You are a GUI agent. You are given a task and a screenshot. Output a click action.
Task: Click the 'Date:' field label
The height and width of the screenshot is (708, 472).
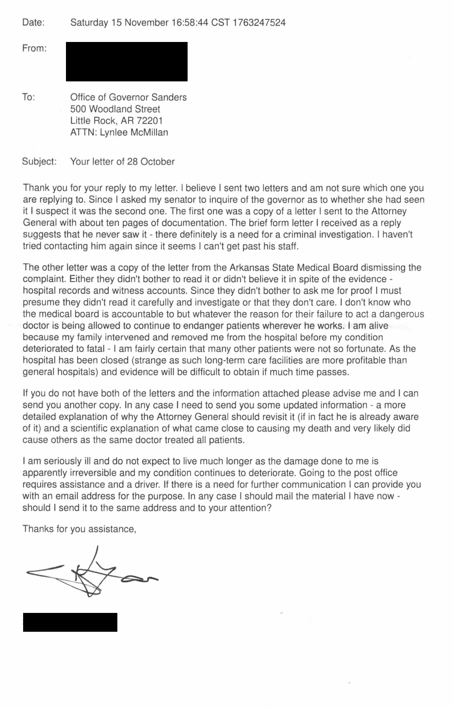tap(33, 23)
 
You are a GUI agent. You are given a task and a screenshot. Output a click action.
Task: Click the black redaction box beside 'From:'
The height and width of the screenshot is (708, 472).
tap(127, 62)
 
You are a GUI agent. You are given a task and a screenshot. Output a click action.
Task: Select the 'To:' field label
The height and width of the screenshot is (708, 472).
tap(29, 98)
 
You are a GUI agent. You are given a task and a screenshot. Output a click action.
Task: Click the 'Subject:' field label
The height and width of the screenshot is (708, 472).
tap(39, 162)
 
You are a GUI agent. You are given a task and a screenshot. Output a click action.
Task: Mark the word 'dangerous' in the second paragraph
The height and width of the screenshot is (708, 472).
tap(402, 314)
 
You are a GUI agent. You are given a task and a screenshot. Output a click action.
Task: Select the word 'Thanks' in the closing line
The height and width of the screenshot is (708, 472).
tap(38, 529)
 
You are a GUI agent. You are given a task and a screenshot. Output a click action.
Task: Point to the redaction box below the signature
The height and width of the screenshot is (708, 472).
tap(70, 622)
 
